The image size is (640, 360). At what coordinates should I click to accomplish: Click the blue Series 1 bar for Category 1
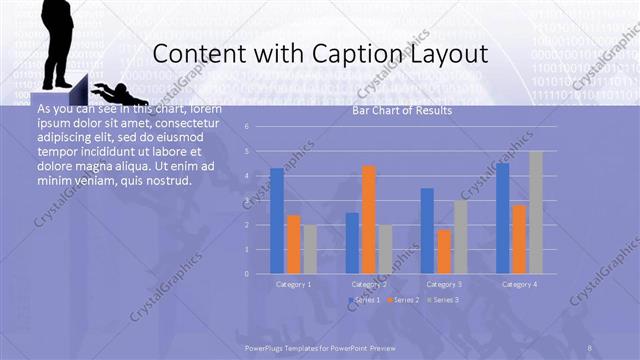click(x=277, y=221)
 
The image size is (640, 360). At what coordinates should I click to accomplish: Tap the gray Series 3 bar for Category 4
click(x=535, y=212)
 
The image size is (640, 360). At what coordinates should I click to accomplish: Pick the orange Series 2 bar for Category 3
click(x=443, y=251)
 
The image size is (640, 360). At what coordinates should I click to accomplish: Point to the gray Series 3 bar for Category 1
click(x=310, y=249)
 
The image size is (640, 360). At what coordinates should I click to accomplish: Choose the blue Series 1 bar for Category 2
click(x=352, y=242)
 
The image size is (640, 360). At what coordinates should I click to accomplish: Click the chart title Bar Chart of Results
click(x=402, y=111)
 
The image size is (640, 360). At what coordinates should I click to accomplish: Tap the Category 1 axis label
click(x=294, y=284)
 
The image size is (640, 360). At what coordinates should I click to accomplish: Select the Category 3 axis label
click(x=444, y=284)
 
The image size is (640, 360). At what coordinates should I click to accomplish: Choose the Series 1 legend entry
click(x=365, y=300)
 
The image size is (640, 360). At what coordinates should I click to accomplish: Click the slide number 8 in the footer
click(x=590, y=347)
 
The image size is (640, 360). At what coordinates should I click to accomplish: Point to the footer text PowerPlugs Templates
click(x=290, y=347)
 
